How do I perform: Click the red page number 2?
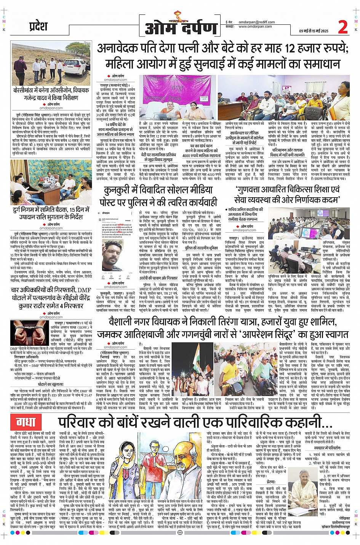point(343,27)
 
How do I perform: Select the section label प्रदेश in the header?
point(38,26)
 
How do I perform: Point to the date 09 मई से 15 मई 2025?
point(314,31)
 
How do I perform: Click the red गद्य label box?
point(26,422)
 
